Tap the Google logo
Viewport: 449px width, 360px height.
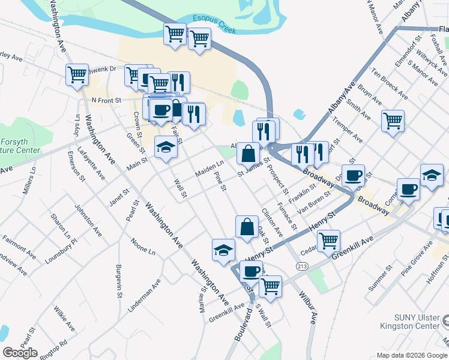[x=20, y=353]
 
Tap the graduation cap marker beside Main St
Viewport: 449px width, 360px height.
[x=166, y=147]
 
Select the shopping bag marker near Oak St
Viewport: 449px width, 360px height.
[x=246, y=226]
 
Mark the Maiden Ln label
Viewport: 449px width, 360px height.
[x=209, y=168]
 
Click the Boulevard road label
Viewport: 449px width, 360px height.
[x=243, y=326]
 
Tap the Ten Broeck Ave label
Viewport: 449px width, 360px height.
[x=388, y=85]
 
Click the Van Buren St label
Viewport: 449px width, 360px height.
[x=316, y=203]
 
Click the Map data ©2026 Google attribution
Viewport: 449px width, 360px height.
[x=411, y=355]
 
